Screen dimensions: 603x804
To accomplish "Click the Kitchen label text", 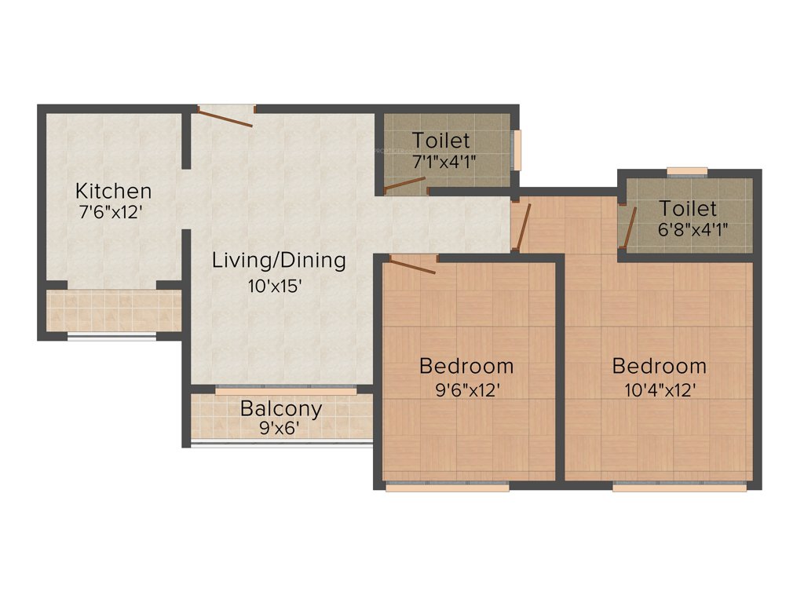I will (113, 191).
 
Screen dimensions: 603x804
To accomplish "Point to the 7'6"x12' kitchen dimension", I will (113, 212).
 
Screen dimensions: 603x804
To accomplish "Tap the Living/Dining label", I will (279, 260).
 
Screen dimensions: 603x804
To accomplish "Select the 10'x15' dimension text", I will (275, 286).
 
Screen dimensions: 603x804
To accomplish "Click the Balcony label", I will (281, 409).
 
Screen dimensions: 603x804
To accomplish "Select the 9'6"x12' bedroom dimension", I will (468, 390).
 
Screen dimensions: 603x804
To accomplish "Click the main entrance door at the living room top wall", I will (225, 116).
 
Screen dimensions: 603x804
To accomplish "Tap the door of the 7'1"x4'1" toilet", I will (404, 185).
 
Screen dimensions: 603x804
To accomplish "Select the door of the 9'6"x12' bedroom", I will (412, 265).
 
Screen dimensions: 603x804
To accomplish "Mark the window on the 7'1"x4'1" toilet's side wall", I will (517, 148).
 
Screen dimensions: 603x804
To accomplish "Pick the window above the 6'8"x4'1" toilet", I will (687, 171).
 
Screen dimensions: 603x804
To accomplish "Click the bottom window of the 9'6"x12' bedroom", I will (448, 487).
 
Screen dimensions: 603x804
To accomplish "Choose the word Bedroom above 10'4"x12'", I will (659, 366).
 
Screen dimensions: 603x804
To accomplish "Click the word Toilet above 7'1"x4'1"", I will (441, 141).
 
